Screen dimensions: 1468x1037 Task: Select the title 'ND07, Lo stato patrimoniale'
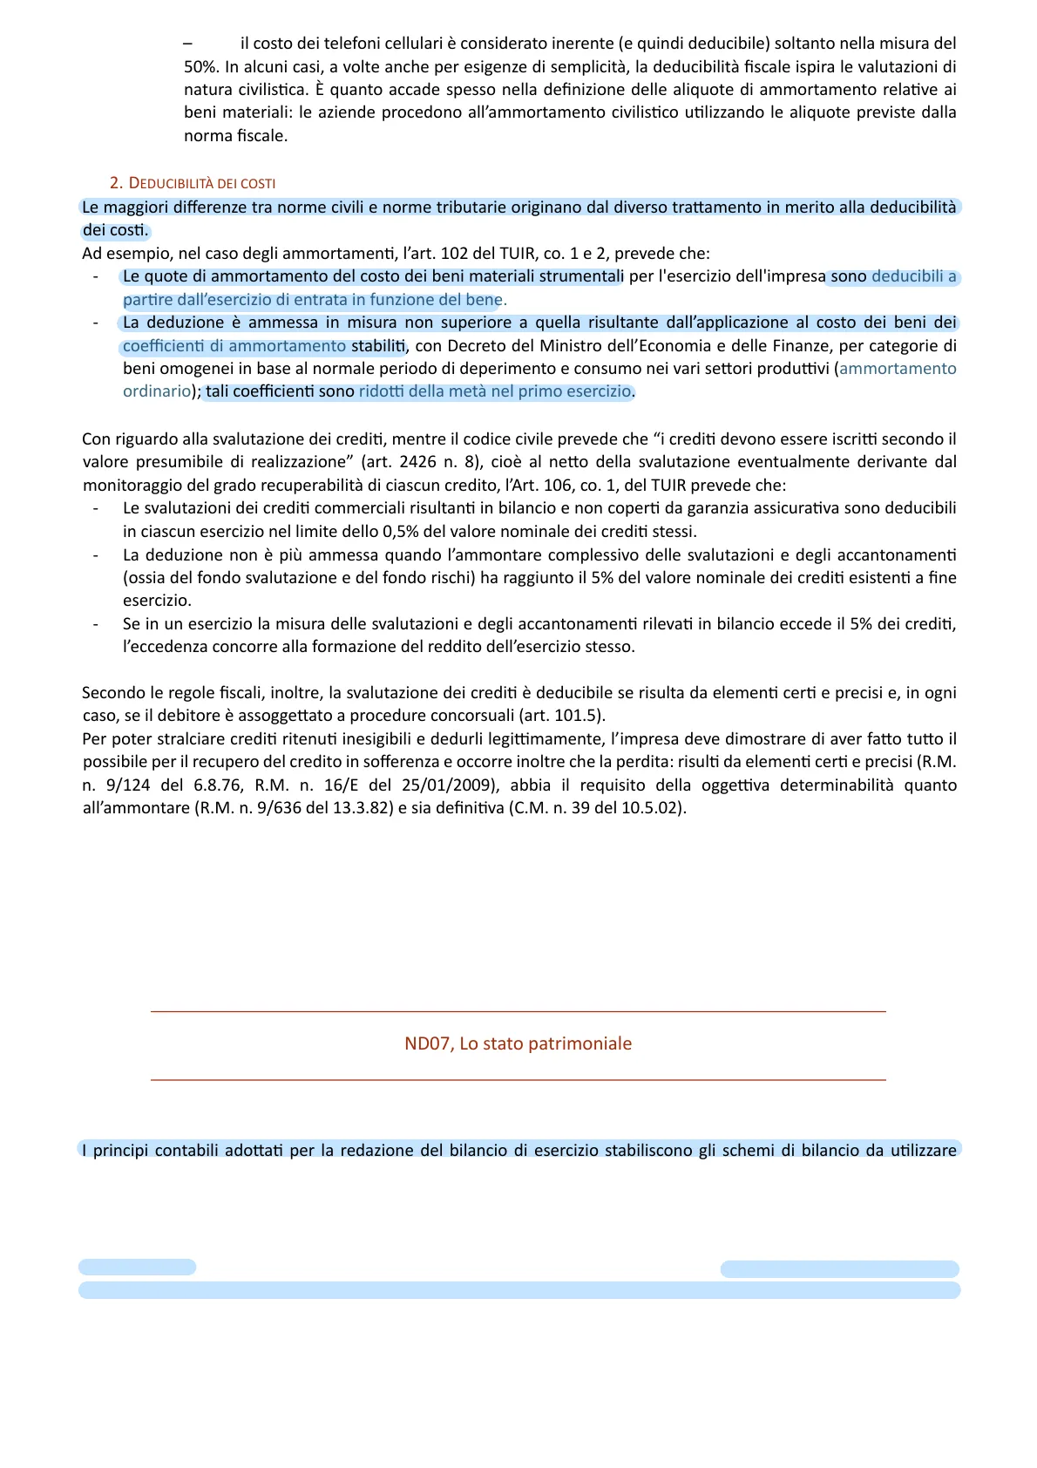pyautogui.click(x=518, y=1043)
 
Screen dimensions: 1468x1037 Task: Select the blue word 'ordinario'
pyautogui.click(x=156, y=391)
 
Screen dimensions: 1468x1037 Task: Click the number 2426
pyautogui.click(x=419, y=462)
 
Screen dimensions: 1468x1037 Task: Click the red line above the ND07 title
pyautogui.click(x=518, y=1011)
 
